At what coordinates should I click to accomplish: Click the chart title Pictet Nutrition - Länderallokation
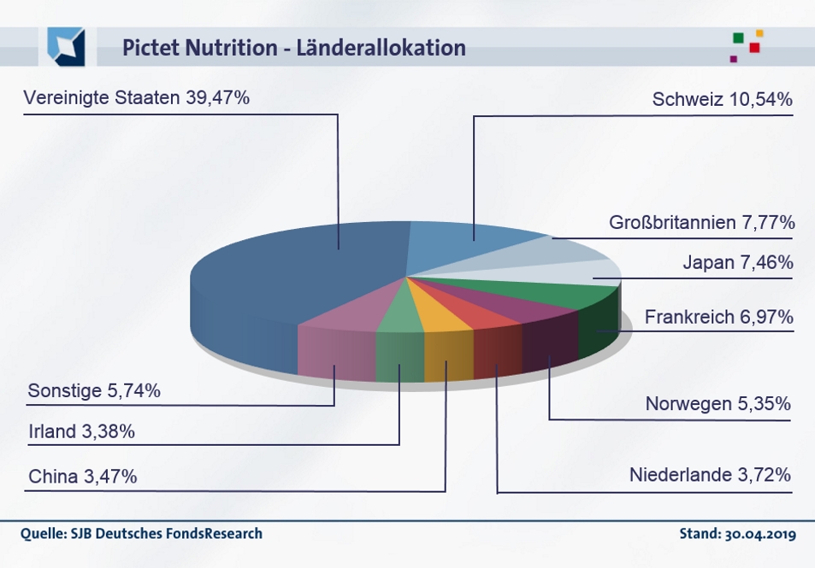point(293,47)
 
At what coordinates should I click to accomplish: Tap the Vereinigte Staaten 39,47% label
point(137,98)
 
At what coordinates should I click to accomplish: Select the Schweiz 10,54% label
point(722,100)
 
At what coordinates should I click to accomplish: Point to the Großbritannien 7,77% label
point(701,223)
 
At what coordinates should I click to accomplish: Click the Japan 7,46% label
point(737,262)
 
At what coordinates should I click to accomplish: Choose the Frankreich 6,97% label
point(718,318)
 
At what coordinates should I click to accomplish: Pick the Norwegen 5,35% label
point(718,403)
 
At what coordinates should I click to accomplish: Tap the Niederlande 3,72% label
point(709,474)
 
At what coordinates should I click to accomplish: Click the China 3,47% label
point(82,476)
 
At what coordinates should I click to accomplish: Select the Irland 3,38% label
point(81,432)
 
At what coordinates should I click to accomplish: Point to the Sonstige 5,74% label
point(94,391)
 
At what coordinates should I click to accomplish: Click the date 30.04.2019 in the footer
point(761,535)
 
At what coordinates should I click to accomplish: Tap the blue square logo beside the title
point(66,46)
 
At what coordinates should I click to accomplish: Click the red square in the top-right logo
point(754,48)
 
